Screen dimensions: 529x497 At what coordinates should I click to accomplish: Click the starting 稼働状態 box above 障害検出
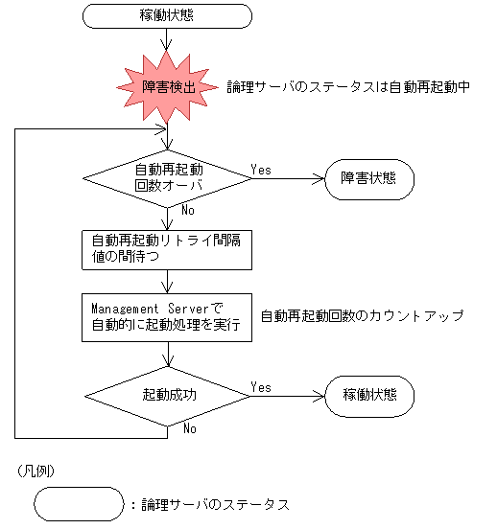[169, 16]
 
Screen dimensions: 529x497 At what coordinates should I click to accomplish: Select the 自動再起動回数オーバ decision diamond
[168, 178]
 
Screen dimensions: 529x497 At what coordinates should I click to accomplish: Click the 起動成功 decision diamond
[168, 395]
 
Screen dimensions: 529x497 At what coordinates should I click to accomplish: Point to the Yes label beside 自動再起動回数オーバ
[260, 170]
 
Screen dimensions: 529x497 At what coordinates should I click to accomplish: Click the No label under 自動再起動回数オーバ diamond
[189, 209]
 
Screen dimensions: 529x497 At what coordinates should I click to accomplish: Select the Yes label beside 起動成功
[260, 386]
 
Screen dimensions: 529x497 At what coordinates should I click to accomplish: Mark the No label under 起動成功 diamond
[189, 427]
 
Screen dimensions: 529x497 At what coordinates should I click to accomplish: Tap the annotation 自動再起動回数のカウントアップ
[362, 315]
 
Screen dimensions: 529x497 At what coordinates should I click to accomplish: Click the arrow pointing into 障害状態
[288, 178]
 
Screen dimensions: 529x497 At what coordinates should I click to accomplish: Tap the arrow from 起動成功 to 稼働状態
[288, 395]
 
